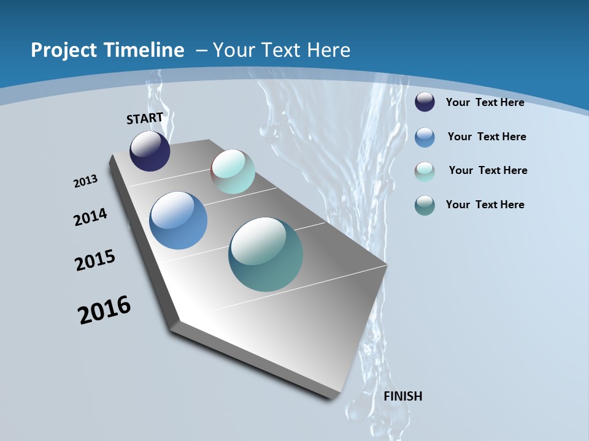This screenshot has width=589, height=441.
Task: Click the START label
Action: click(x=145, y=118)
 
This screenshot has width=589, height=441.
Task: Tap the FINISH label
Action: click(x=402, y=396)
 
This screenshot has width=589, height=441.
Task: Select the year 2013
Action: click(x=85, y=181)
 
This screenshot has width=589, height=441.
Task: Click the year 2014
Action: click(x=90, y=217)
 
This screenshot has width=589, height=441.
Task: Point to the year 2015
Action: click(x=95, y=260)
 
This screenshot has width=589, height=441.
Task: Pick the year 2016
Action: click(x=104, y=310)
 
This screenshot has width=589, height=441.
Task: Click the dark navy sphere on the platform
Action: click(x=150, y=151)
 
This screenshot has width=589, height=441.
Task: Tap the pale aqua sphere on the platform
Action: click(x=233, y=171)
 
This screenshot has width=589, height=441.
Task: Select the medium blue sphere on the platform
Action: click(x=178, y=221)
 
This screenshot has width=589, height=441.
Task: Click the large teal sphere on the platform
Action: click(x=266, y=254)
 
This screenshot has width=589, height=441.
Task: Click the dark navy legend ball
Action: click(x=425, y=102)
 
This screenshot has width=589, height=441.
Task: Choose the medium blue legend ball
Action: click(x=425, y=137)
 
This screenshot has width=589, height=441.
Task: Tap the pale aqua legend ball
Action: click(x=425, y=171)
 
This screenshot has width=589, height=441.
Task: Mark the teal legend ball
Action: click(x=425, y=205)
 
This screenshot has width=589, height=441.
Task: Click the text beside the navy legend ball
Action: click(x=485, y=102)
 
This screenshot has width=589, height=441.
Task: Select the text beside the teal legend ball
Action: click(x=485, y=205)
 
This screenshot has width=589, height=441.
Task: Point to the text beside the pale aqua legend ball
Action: click(x=488, y=170)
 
